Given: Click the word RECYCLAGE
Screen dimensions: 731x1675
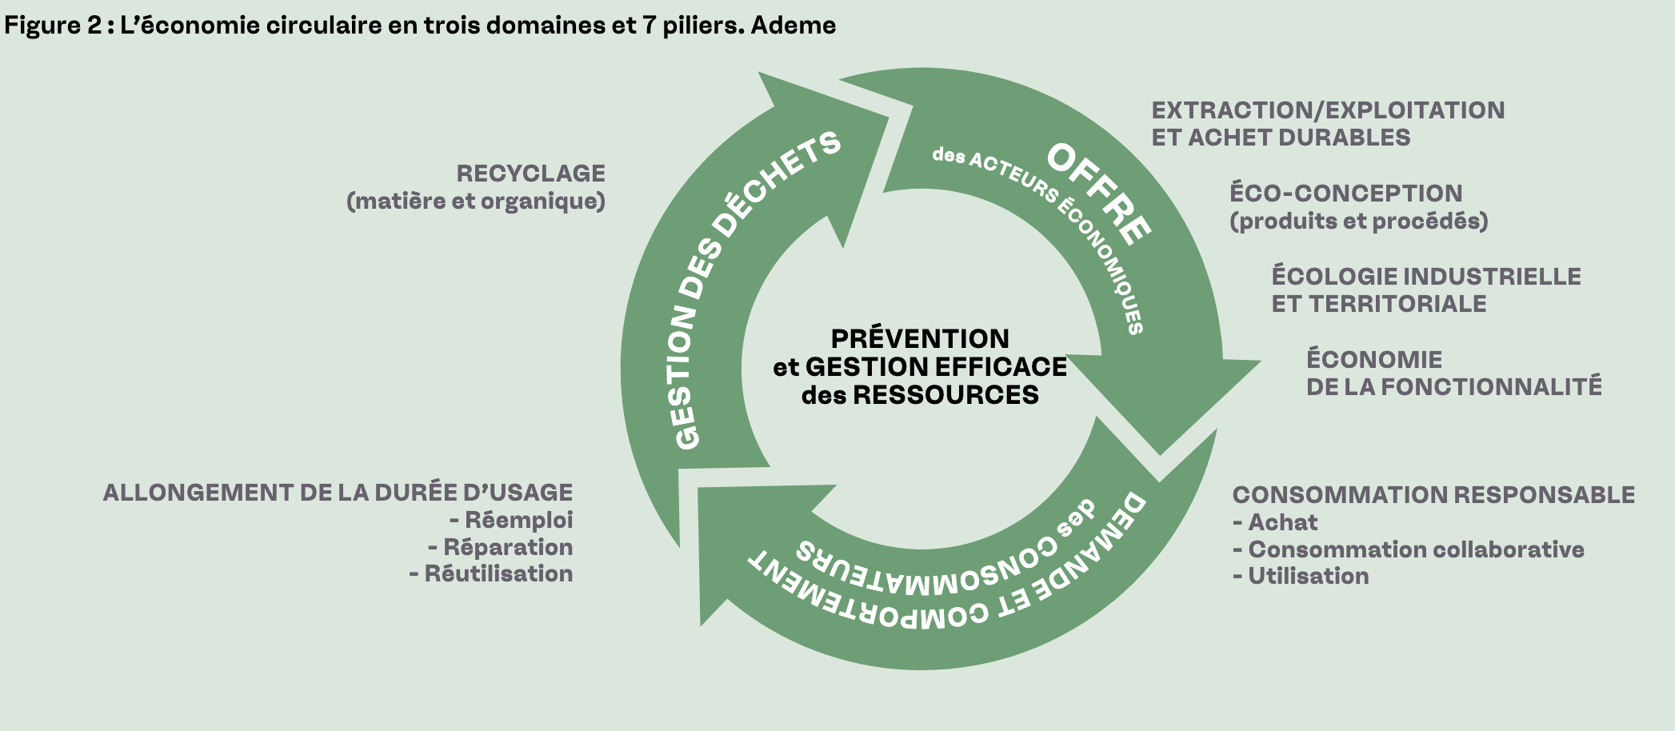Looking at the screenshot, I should [530, 174].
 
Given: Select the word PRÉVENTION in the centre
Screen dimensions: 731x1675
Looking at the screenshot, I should [920, 338].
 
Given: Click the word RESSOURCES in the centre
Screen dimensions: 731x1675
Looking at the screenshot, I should [945, 394].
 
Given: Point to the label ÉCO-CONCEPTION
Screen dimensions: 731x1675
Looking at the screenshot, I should [1345, 194].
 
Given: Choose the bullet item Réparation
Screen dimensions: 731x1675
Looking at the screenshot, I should [508, 547].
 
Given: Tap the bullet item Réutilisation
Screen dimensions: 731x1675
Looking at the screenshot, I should [498, 573].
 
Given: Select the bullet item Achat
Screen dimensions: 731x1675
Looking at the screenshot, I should [1282, 522].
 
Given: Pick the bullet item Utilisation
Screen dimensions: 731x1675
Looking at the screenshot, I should [1308, 576].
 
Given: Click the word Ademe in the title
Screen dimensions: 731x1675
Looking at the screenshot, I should [793, 26].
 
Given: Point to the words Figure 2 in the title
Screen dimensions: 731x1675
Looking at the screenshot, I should [54, 26].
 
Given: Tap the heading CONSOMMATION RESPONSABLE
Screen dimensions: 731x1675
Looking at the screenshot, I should [1433, 495].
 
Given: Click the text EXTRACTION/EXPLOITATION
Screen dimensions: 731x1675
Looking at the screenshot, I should [1328, 110].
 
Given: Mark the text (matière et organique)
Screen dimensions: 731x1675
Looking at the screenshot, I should [476, 201].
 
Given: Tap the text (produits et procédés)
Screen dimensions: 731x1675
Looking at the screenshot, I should [1358, 221].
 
